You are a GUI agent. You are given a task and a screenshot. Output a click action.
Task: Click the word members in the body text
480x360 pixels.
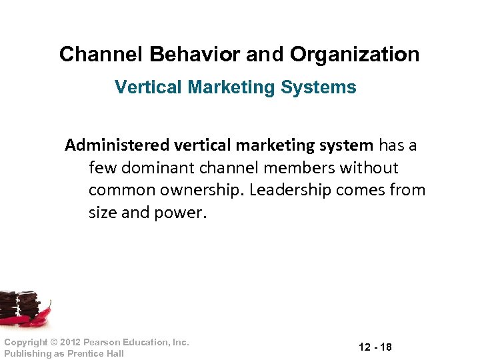[x=299, y=167]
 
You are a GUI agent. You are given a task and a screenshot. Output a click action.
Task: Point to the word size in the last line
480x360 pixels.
[x=103, y=212]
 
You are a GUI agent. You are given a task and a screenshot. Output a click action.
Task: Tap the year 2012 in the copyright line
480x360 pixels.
[x=70, y=342]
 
